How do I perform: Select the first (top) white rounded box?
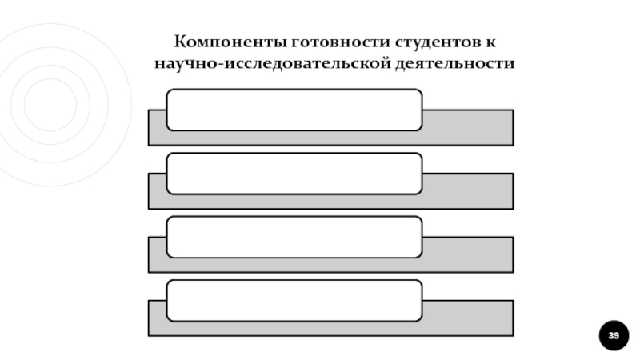(x=294, y=110)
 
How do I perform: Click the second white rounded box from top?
(x=294, y=174)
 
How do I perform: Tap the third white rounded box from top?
(x=294, y=237)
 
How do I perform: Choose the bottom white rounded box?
(x=294, y=301)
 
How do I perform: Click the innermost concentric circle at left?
(x=50, y=104)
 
